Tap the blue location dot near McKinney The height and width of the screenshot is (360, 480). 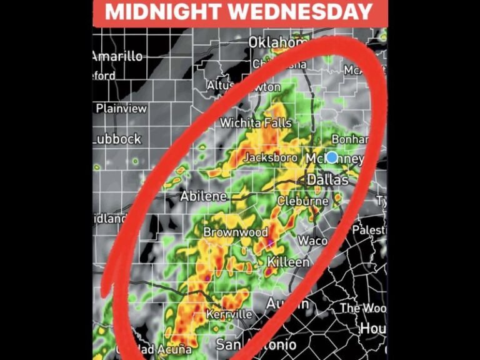[x=332, y=157]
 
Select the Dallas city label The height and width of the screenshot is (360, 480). [x=327, y=180]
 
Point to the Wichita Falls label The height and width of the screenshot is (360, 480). [x=256, y=123]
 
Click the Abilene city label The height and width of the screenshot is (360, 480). [x=204, y=196]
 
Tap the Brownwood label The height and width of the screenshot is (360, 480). [x=235, y=232]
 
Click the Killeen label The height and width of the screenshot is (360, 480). [x=288, y=262]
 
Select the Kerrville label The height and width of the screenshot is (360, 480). [x=229, y=314]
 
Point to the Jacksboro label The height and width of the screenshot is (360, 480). [x=270, y=158]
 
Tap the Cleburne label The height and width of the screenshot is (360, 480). [x=302, y=202]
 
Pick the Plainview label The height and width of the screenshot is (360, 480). [x=121, y=108]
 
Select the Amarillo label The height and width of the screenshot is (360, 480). [x=117, y=56]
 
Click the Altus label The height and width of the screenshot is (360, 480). [x=221, y=85]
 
